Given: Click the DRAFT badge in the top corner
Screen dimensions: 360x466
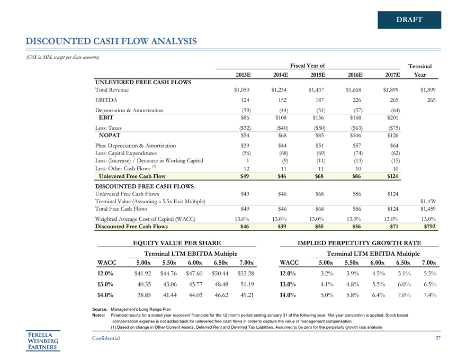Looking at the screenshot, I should [x=409, y=20].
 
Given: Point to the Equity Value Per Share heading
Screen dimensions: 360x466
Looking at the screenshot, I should [x=174, y=242].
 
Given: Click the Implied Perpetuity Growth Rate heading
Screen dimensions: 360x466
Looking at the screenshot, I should [x=359, y=242].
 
